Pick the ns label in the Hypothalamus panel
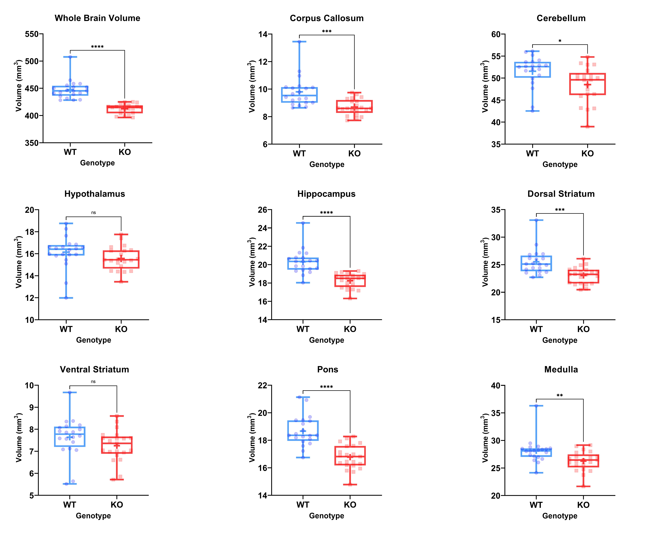pyautogui.click(x=93, y=212)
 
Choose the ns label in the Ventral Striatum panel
pyautogui.click(x=93, y=382)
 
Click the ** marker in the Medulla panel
pyautogui.click(x=560, y=396)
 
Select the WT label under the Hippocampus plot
pyautogui.click(x=303, y=329)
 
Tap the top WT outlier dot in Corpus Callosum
pyautogui.click(x=299, y=41)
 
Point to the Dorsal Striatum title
pyautogui.click(x=561, y=194)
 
